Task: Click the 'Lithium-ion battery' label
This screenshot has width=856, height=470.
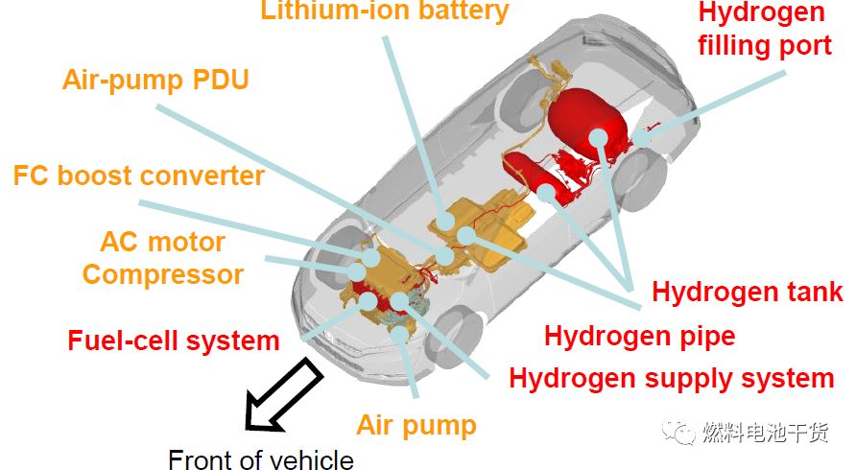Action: point(384,12)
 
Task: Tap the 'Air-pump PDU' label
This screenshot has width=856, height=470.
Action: point(155,79)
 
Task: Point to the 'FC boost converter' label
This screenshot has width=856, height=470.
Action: point(138,176)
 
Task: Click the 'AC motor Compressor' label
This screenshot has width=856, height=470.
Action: point(162,258)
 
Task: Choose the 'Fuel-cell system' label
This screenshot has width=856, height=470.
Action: point(174,340)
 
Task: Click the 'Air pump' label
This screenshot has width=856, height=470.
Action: point(416,425)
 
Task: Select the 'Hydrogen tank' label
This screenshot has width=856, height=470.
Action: point(748,293)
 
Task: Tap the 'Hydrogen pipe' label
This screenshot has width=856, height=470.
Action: point(639,336)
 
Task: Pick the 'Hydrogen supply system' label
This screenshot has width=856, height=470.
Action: point(671,378)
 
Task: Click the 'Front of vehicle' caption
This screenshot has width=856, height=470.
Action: point(261,459)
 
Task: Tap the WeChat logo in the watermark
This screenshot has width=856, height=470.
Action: point(683,434)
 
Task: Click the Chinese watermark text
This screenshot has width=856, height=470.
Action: point(765,434)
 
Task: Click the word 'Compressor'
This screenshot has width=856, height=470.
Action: point(162,274)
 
